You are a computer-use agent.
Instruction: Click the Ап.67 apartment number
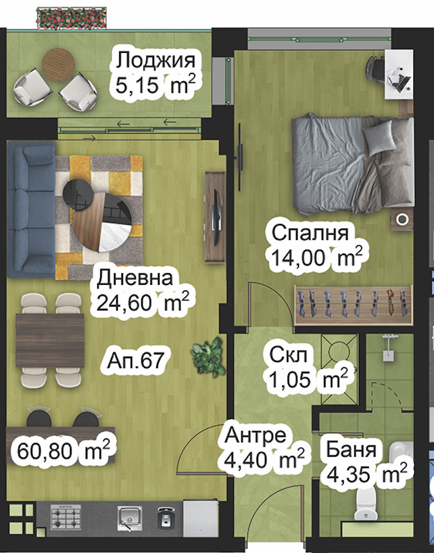point(136,361)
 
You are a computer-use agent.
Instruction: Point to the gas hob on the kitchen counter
point(66,518)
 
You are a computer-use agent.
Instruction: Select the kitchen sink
point(130,518)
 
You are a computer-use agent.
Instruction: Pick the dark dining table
point(50,340)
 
